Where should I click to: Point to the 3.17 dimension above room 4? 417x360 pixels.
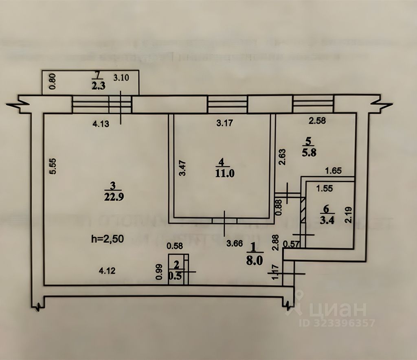224,123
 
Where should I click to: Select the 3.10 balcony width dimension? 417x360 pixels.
121,79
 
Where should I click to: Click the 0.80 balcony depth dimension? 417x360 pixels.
52,81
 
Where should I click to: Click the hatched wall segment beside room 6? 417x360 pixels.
303,209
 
